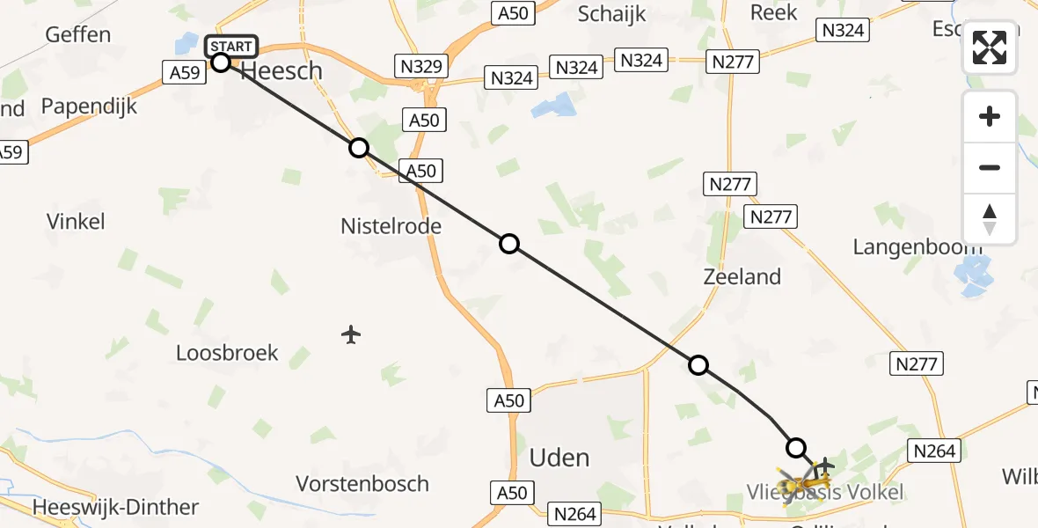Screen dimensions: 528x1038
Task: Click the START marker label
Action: [231, 46]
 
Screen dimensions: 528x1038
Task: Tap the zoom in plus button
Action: [990, 116]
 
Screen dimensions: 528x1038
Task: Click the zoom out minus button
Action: [990, 167]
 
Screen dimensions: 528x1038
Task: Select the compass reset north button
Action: [990, 219]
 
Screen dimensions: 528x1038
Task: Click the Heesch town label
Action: [281, 71]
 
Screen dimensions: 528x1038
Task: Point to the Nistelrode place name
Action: [391, 226]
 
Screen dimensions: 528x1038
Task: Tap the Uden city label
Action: [559, 458]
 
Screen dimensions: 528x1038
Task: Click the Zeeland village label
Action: [742, 276]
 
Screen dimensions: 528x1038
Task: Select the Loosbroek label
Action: [227, 353]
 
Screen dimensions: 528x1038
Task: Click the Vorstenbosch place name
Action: [362, 483]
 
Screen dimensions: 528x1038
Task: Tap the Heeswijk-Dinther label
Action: [115, 507]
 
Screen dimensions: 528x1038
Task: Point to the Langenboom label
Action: [917, 247]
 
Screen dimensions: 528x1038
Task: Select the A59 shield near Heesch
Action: [185, 72]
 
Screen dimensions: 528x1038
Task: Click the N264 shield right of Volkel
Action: [934, 451]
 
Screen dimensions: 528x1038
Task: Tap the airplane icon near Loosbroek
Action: [351, 334]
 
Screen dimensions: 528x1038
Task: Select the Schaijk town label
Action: [612, 13]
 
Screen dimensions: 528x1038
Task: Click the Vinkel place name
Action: [77, 221]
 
